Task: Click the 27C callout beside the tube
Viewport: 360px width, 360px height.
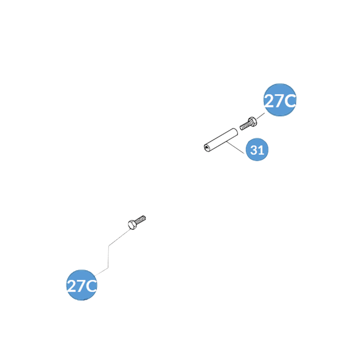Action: click(x=279, y=101)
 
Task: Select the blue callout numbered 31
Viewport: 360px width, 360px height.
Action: click(x=257, y=150)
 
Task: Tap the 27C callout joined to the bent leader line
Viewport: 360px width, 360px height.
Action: click(x=82, y=285)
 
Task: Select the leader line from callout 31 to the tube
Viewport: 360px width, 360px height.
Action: click(x=236, y=148)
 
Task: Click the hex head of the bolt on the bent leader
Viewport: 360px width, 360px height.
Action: click(x=131, y=224)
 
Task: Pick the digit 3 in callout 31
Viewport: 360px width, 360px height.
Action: click(x=253, y=150)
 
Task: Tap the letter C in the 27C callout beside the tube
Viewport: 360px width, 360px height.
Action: click(x=290, y=101)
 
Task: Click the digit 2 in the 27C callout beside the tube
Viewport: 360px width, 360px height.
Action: click(x=270, y=101)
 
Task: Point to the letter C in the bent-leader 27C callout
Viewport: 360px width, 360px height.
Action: click(x=91, y=286)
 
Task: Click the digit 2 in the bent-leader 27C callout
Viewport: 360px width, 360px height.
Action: click(x=72, y=286)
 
